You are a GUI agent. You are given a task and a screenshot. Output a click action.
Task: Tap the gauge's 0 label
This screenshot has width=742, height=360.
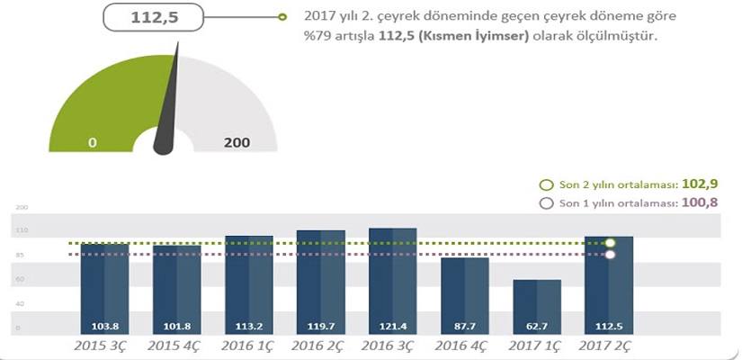(92, 143)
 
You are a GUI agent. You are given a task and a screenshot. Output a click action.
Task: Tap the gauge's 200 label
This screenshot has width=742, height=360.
(237, 143)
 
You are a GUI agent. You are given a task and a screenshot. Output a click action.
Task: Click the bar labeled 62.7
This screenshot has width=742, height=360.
(537, 307)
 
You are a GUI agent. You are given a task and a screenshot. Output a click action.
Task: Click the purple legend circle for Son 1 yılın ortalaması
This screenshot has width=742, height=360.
(544, 202)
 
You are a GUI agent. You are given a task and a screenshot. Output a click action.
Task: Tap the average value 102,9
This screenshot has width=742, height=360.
(700, 184)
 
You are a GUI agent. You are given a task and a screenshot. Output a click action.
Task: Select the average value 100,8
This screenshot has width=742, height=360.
(700, 202)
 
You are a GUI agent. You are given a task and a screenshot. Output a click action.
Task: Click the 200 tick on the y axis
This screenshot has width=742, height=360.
(23, 208)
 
